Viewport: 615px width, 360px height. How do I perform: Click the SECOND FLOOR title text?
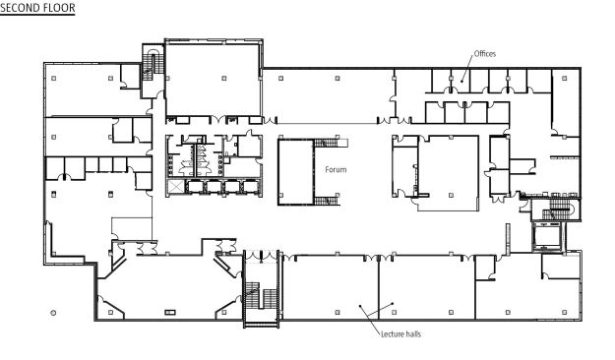pyautogui.click(x=37, y=8)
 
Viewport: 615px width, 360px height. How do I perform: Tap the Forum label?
pyautogui.click(x=336, y=169)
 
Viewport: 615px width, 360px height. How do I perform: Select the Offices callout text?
pyautogui.click(x=485, y=54)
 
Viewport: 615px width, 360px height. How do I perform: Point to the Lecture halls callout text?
pyautogui.click(x=400, y=334)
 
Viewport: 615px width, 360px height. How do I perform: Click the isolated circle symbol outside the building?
pyautogui.click(x=53, y=313)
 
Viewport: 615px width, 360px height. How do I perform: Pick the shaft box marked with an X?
pyautogui.click(x=175, y=187)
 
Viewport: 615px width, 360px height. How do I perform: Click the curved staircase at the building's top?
pyautogui.click(x=153, y=63)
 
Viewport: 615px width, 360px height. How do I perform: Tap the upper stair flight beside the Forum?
pyautogui.click(x=327, y=143)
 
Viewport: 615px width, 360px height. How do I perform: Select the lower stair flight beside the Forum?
pyautogui.click(x=327, y=201)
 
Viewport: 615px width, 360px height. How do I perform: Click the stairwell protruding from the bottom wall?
pyautogui.click(x=262, y=288)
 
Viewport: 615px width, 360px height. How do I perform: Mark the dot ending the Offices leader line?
pyautogui.click(x=462, y=82)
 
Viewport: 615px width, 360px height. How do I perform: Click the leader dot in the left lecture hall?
pyautogui.click(x=360, y=306)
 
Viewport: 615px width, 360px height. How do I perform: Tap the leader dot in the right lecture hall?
pyautogui.click(x=393, y=303)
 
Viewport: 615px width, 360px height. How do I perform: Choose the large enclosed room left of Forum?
pyautogui.click(x=295, y=172)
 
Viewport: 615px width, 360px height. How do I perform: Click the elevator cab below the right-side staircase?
pyautogui.click(x=548, y=236)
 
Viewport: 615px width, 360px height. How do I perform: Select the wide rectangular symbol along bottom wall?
pyautogui.click(x=170, y=312)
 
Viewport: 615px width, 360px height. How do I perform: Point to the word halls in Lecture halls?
pyautogui.click(x=412, y=334)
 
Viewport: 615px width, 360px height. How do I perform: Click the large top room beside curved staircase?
pyautogui.click(x=214, y=80)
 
